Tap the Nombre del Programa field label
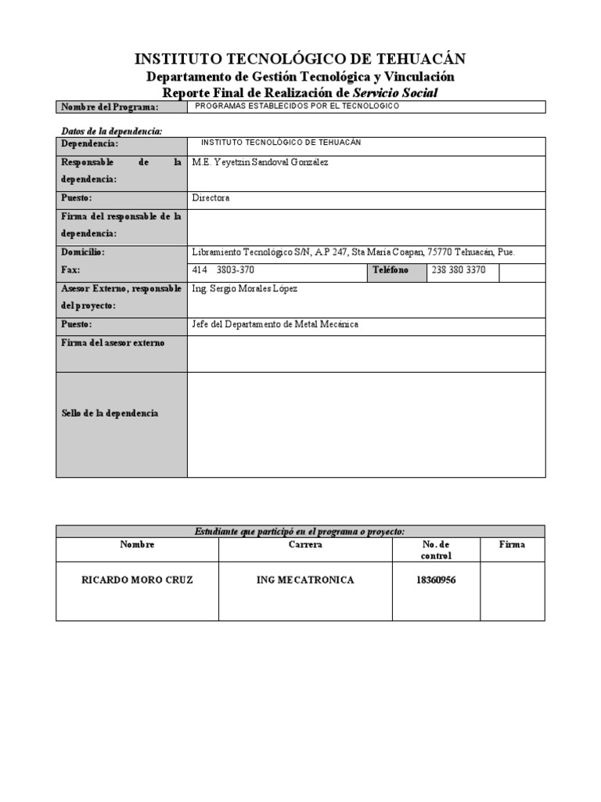pyautogui.click(x=110, y=107)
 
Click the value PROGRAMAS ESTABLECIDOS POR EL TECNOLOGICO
pyautogui.click(x=297, y=106)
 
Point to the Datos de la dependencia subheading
pyautogui.click(x=111, y=131)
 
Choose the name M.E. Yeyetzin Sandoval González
pyautogui.click(x=261, y=162)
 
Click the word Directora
pyautogui.click(x=211, y=198)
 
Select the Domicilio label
pyautogui.click(x=82, y=252)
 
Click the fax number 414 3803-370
pyautogui.click(x=223, y=270)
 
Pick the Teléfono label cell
pyautogui.click(x=390, y=270)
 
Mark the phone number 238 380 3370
pyautogui.click(x=459, y=270)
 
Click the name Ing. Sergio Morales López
pyautogui.click(x=245, y=288)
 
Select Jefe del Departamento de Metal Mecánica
pyautogui.click(x=275, y=324)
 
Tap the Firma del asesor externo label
pyautogui.click(x=113, y=342)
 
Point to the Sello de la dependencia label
pyautogui.click(x=110, y=413)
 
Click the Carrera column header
pyautogui.click(x=305, y=544)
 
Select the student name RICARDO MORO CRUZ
pyautogui.click(x=137, y=580)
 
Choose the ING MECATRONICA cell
pyautogui.click(x=305, y=580)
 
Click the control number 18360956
pyautogui.click(x=435, y=580)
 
